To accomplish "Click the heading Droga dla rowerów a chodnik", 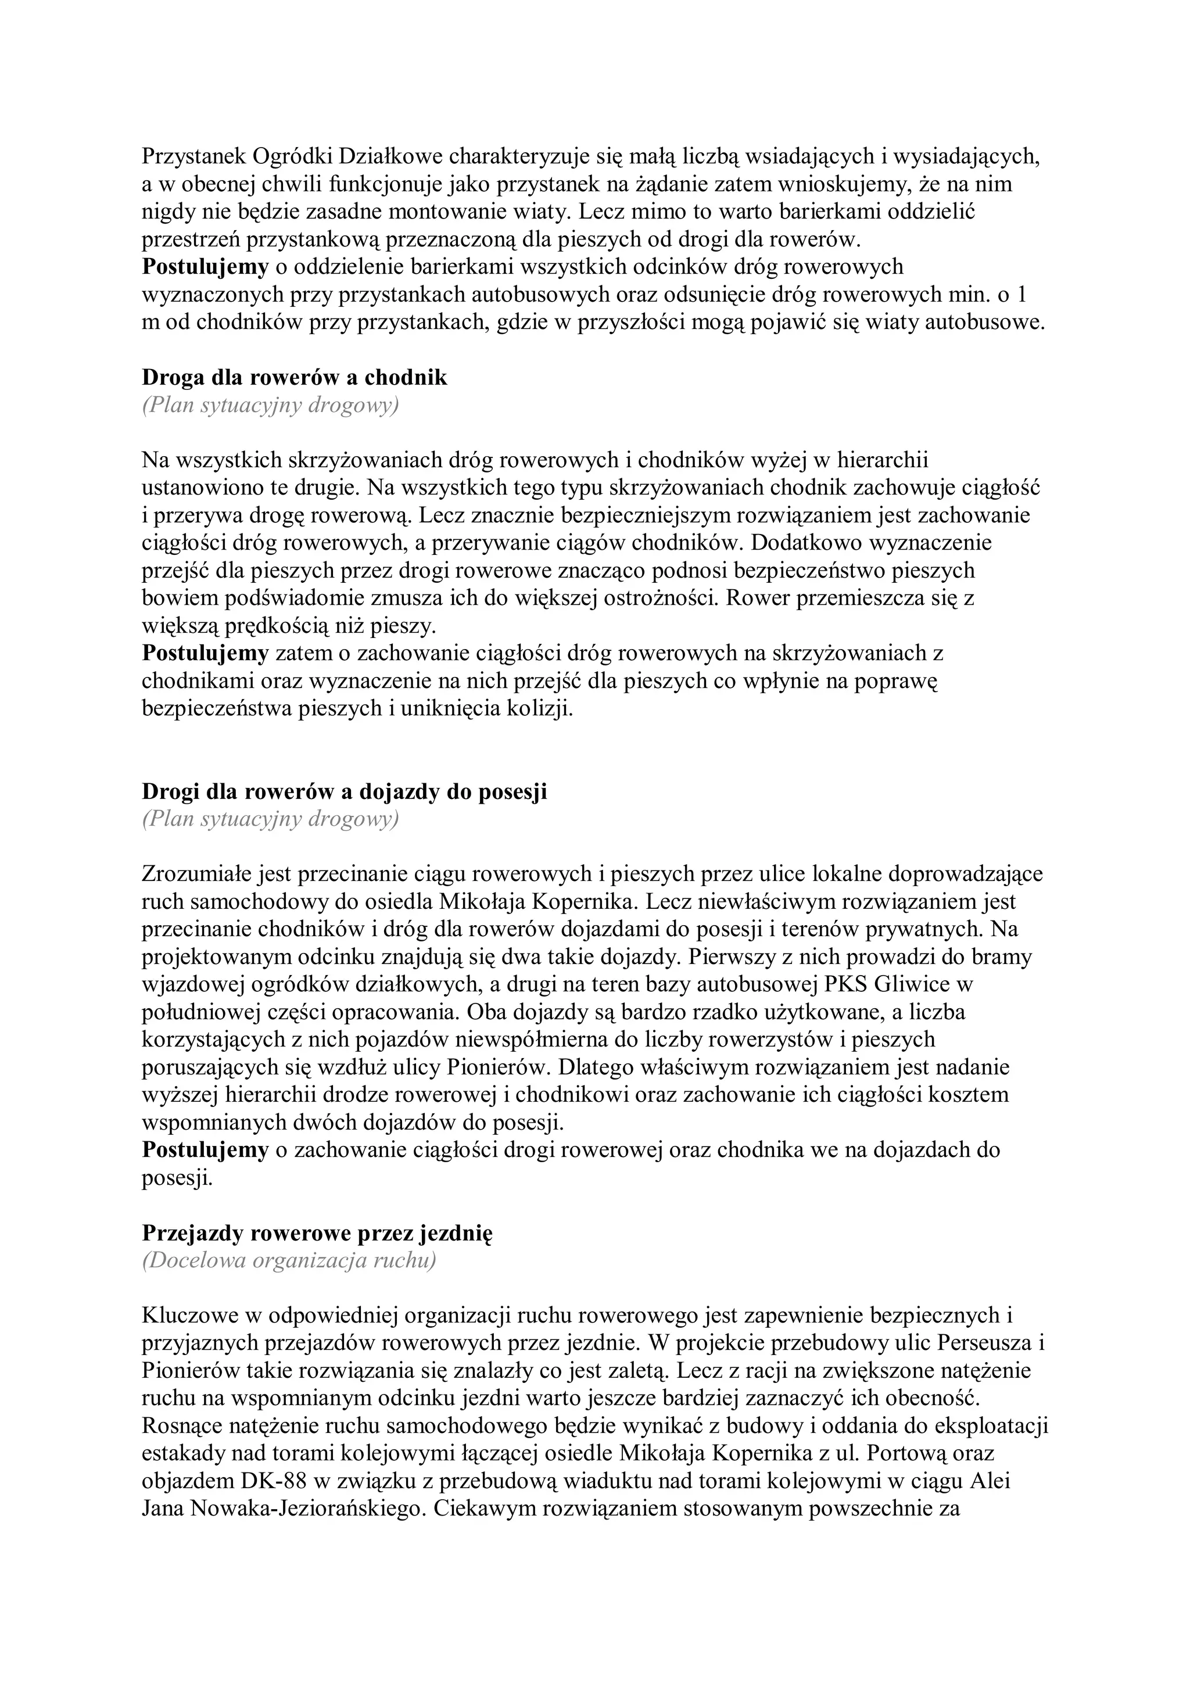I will [294, 378].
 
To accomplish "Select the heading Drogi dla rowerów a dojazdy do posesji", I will [344, 792].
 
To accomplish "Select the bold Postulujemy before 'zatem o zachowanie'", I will [205, 653].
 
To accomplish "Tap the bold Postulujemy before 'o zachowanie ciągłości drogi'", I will [205, 1150].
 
